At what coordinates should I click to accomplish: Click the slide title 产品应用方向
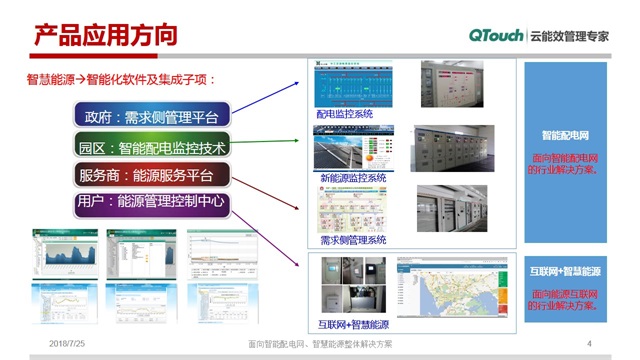point(105,35)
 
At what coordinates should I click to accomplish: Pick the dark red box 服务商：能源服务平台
point(152,176)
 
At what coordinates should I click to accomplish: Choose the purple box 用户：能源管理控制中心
point(152,202)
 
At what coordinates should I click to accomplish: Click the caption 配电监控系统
point(345,115)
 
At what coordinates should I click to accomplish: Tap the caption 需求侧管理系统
point(352,240)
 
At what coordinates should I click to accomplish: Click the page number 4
point(590,344)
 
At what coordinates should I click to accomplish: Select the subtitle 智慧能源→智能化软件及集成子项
point(121,78)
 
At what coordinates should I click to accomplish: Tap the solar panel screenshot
point(346,148)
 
